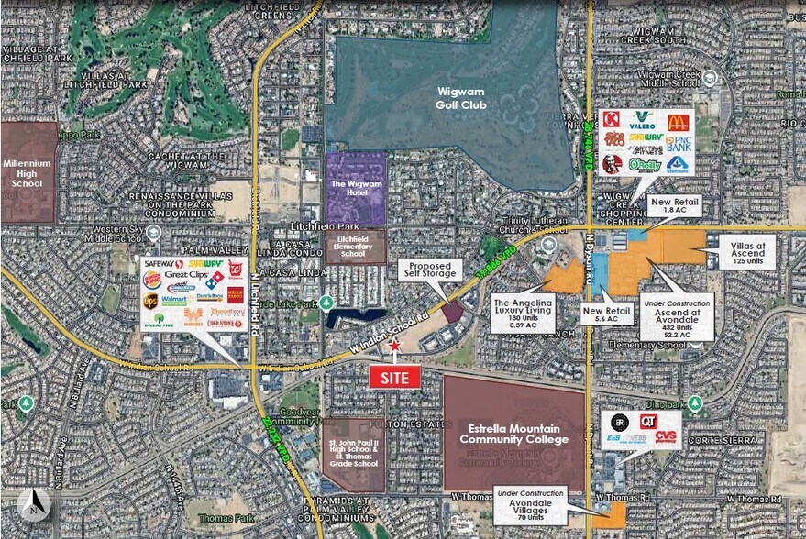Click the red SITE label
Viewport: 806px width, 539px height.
[395, 377]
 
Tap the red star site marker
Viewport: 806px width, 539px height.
[395, 346]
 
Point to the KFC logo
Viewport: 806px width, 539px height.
[612, 164]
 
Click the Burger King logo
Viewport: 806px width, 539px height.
[151, 279]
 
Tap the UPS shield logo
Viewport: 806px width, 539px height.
[151, 300]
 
